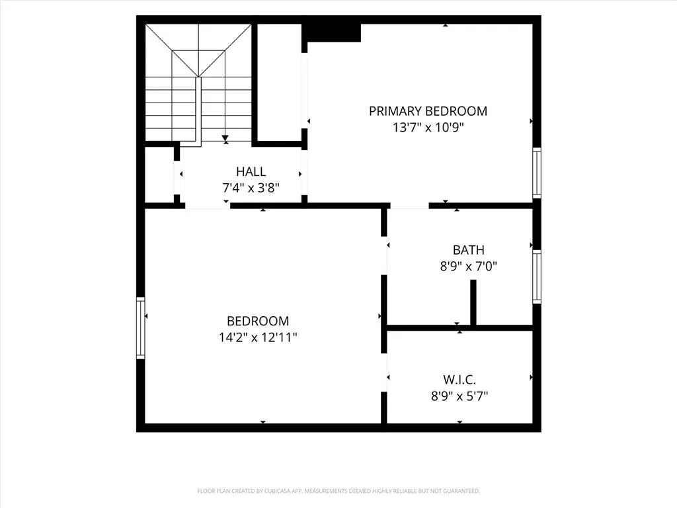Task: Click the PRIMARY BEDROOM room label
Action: click(x=428, y=111)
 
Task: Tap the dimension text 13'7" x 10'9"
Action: click(x=428, y=128)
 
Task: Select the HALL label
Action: click(x=251, y=171)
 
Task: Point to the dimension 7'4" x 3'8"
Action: click(x=251, y=188)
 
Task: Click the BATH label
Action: click(x=469, y=250)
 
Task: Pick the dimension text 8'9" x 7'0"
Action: click(x=469, y=266)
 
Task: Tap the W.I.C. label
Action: click(x=459, y=380)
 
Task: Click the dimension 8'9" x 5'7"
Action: click(x=459, y=396)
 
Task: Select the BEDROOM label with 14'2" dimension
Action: click(x=258, y=321)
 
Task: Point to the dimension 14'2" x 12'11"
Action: click(x=258, y=337)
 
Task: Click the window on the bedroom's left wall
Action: click(x=141, y=328)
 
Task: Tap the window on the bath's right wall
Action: click(x=537, y=276)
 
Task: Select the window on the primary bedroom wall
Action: click(x=537, y=173)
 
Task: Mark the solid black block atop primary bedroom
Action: click(x=331, y=33)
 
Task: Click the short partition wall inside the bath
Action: click(x=473, y=302)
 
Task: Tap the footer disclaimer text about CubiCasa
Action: click(x=338, y=491)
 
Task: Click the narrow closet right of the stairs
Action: click(x=280, y=82)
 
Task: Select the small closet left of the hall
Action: click(x=159, y=175)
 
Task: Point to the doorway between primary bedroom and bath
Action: click(x=410, y=206)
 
